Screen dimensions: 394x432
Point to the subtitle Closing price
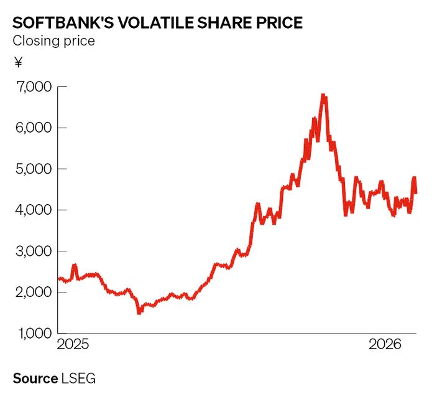pos(53,42)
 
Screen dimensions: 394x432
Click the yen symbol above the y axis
pos(17,62)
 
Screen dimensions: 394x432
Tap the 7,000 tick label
pos(31,87)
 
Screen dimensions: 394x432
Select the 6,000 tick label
pos(31,128)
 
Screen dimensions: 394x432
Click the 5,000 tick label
pos(31,169)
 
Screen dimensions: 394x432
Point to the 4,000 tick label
pos(31,210)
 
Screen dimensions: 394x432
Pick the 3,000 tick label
pos(31,251)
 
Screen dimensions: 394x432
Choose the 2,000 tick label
pos(31,292)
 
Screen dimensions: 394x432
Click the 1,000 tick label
pos(31,334)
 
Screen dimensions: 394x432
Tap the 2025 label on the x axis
pos(73,344)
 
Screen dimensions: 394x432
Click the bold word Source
pos(35,378)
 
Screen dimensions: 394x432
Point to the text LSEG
pos(79,378)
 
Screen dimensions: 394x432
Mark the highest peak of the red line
pos(323,95)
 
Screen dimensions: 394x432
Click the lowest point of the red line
pos(139,312)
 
